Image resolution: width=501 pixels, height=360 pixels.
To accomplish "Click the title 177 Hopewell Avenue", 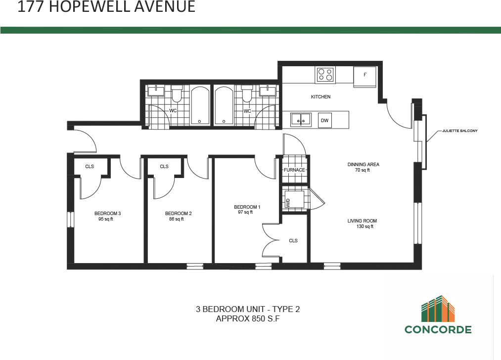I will pos(106,7).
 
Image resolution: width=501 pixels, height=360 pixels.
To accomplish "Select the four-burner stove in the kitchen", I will pos(325,75).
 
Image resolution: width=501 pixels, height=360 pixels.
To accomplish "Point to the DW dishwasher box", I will pos(324,120).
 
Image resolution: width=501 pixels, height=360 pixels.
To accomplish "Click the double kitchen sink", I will pos(300,119).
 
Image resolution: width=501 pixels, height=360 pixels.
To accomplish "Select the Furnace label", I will pos(295,170).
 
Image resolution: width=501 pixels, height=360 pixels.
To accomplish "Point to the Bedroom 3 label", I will pos(107,214).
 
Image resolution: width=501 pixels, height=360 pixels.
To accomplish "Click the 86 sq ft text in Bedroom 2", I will pos(176,219).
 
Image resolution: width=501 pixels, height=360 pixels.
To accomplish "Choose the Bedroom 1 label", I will pos(247,207).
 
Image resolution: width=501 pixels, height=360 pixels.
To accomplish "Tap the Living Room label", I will pos(362,221).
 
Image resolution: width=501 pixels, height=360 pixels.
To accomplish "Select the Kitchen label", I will pos(320,97).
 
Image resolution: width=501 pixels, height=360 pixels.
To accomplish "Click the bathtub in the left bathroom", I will pos(200,106).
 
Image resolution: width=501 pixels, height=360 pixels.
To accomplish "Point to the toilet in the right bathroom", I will pos(246,94).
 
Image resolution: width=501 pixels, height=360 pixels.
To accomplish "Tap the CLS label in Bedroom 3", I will pos(90,167).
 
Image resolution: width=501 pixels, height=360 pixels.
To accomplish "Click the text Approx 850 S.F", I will pos(248,319).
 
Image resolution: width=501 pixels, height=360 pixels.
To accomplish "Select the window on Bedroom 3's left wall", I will pos(70,219).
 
